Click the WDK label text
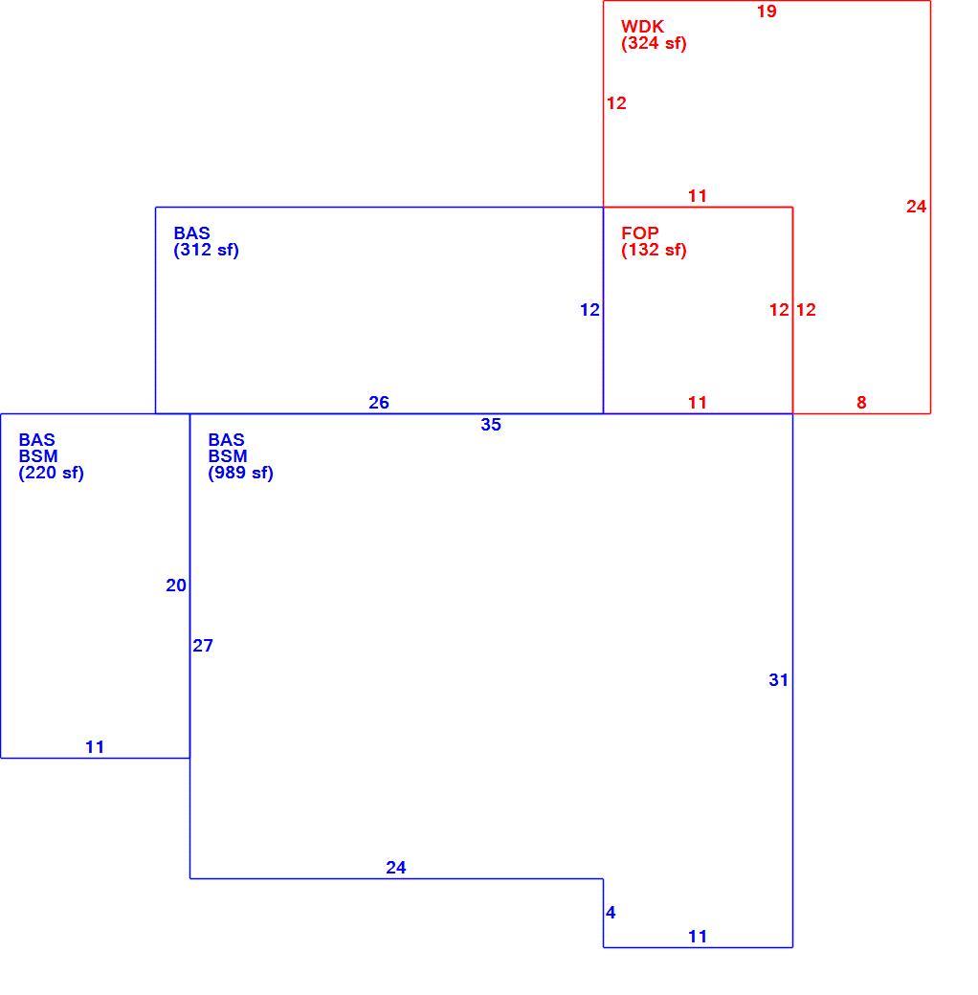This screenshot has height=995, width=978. (x=642, y=27)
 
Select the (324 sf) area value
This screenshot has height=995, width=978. (x=654, y=44)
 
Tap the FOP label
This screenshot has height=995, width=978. (x=640, y=233)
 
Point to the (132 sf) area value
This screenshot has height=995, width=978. (x=654, y=251)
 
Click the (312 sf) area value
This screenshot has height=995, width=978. (x=207, y=251)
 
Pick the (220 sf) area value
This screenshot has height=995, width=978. (x=52, y=474)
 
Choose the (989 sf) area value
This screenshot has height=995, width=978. (x=240, y=474)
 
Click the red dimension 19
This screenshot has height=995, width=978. (x=767, y=11)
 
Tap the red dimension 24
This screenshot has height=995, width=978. (x=917, y=207)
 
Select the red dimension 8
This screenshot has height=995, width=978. (x=861, y=403)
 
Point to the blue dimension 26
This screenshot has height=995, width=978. (x=379, y=403)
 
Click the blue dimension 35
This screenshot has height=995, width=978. (x=491, y=425)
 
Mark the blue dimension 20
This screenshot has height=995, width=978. (x=176, y=586)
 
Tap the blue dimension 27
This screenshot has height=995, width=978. (x=203, y=646)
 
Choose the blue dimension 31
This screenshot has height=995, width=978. (x=779, y=680)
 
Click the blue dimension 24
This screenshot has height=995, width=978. (x=396, y=868)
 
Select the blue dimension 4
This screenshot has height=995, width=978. (x=611, y=913)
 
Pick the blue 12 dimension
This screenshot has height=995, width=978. (x=589, y=310)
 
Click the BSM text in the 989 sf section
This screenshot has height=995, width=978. (x=228, y=456)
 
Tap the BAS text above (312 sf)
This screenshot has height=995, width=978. (x=191, y=233)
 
